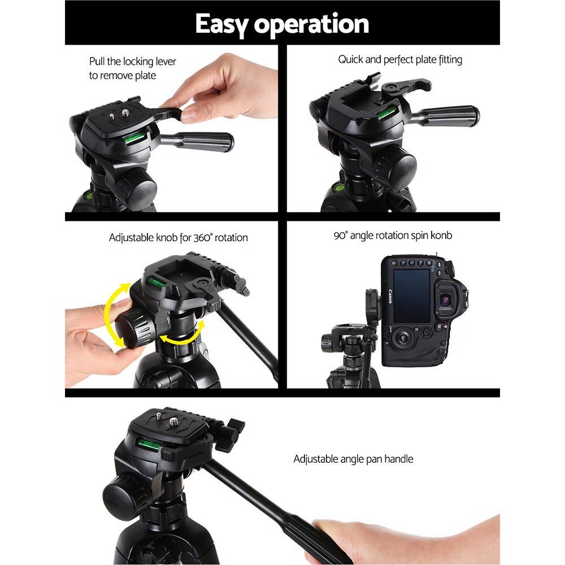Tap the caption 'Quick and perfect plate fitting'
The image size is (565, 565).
[400, 59]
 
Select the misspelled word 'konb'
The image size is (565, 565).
[441, 235]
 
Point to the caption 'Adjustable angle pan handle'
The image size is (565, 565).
[353, 459]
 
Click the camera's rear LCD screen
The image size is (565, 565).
[412, 295]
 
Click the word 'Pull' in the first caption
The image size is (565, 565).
[98, 62]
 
